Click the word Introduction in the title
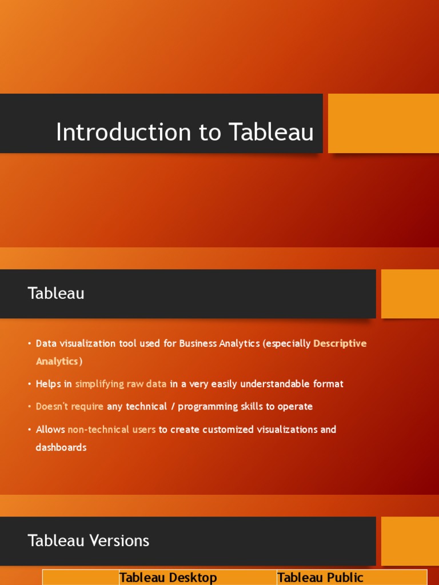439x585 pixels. tap(123, 133)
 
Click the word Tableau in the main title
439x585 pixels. tap(272, 133)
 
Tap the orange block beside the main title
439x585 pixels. tap(383, 123)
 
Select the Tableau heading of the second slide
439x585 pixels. tap(56, 294)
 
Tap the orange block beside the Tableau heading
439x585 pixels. tap(409, 294)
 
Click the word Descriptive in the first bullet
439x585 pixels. tap(340, 343)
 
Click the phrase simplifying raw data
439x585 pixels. tap(121, 384)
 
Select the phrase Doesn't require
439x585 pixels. tap(70, 407)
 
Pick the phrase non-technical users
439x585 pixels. tap(111, 430)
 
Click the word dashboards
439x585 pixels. tap(61, 447)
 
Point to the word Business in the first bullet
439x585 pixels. tap(198, 343)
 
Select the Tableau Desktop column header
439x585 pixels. tap(168, 578)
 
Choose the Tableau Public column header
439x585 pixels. tap(320, 578)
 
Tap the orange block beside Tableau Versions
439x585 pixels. tap(409, 541)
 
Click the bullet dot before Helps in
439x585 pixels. tap(29, 384)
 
